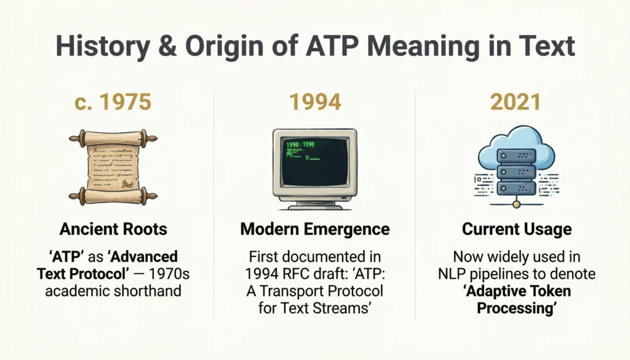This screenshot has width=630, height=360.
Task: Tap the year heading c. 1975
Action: coord(113,102)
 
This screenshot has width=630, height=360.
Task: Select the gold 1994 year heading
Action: coord(314,102)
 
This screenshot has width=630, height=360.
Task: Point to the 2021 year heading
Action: coord(516,102)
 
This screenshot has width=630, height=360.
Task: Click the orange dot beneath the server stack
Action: coord(516,203)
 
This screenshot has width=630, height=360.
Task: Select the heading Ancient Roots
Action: coord(113,230)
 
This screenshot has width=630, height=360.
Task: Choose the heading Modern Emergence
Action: coord(314,230)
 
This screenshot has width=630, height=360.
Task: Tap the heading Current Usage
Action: coord(516,230)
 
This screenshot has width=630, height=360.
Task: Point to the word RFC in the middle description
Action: coord(306,273)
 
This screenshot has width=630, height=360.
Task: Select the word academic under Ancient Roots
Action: coord(77,290)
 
